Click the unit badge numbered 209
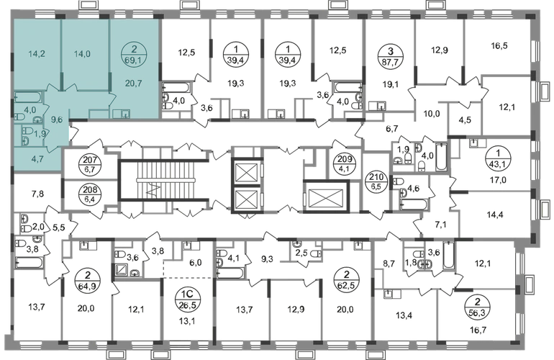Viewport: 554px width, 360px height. coord(345,164)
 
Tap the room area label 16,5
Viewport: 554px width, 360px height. coord(499,45)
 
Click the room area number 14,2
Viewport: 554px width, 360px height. coord(37,54)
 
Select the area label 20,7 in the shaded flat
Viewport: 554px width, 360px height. coord(134,84)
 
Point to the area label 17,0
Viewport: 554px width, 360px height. coord(498,180)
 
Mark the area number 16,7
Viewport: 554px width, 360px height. coord(478,330)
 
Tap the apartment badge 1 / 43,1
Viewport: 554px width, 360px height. coord(497,159)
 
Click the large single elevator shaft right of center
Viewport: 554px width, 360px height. coord(325,197)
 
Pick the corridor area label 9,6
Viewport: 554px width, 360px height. coord(57,120)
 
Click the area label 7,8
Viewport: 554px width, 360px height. coord(37,194)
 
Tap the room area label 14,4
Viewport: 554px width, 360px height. coord(495,215)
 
